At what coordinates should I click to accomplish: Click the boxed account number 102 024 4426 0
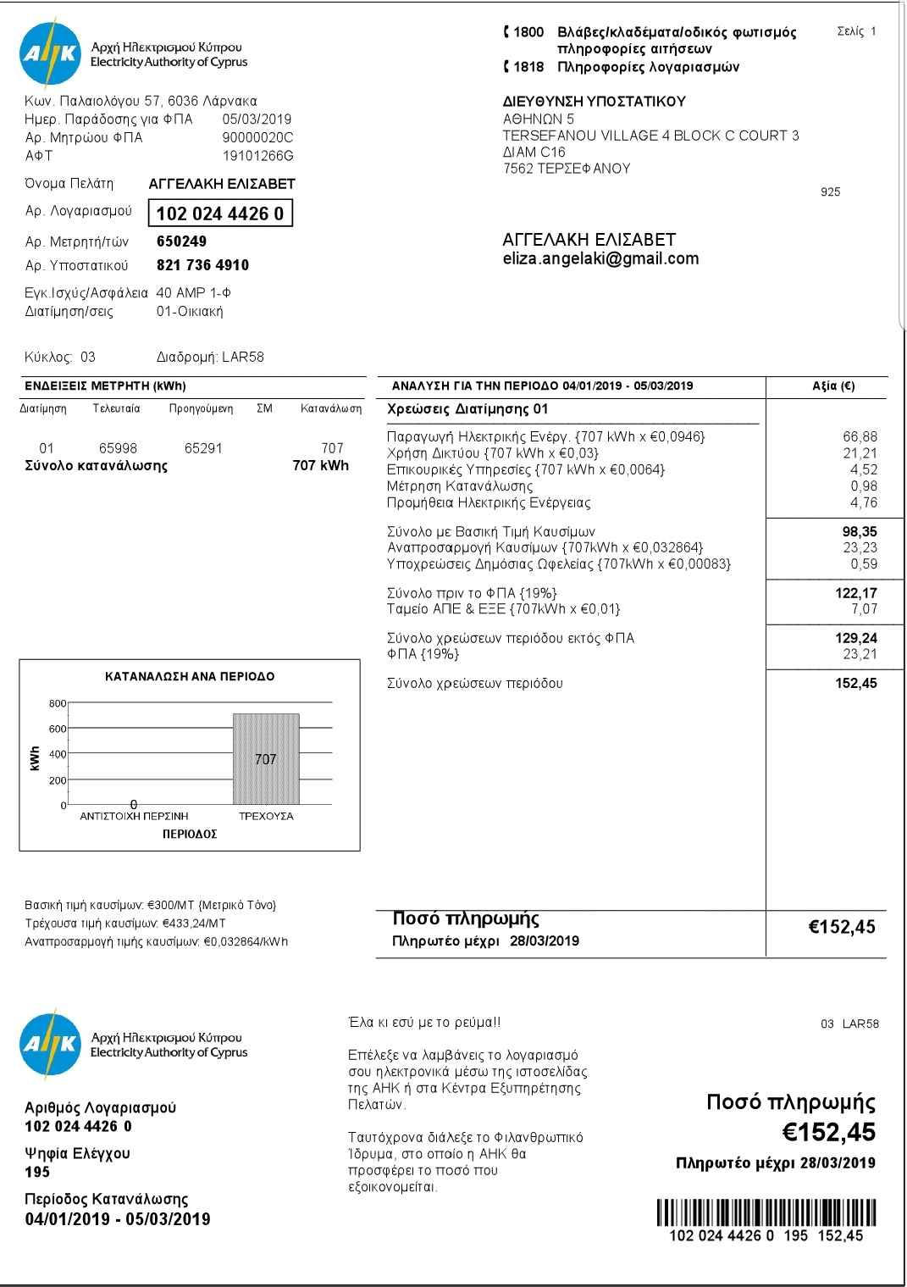point(220,214)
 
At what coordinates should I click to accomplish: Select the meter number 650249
point(182,241)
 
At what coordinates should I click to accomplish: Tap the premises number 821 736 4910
point(203,265)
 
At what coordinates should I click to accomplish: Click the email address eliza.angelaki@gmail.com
point(600,259)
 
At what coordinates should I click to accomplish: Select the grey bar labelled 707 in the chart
point(266,758)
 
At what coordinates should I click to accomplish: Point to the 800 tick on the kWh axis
point(58,703)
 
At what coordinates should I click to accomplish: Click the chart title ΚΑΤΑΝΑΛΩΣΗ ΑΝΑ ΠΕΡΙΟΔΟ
point(190,677)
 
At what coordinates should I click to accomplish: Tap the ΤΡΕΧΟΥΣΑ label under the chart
point(266,817)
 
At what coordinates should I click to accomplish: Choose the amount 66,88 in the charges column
point(860,437)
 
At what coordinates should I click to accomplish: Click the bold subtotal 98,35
point(860,532)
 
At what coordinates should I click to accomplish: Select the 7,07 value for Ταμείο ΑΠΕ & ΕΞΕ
point(864,609)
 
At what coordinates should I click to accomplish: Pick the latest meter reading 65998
point(118,448)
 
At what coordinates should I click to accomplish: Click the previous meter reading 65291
point(203,448)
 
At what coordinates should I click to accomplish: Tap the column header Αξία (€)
point(833,386)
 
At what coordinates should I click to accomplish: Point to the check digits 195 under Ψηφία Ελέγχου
point(38,1173)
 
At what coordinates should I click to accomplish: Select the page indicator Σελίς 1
point(856,31)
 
